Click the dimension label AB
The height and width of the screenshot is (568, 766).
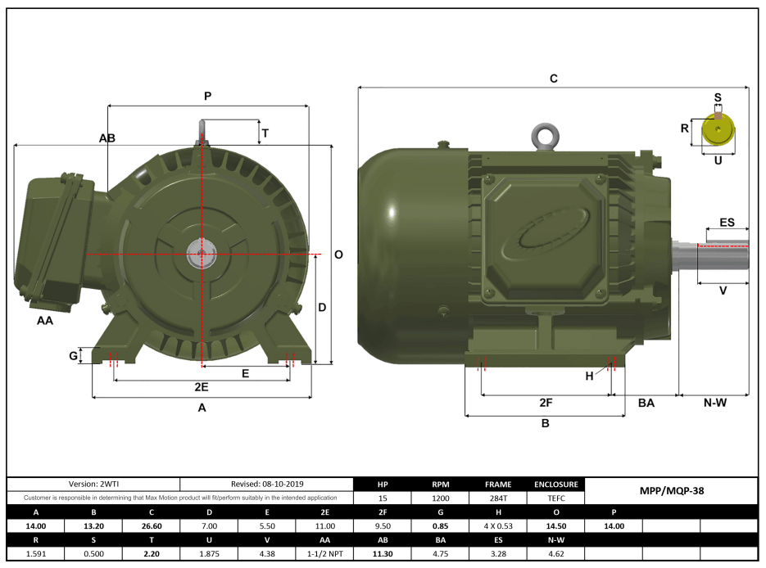pyautogui.click(x=107, y=138)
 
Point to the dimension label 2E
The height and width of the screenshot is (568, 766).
pyautogui.click(x=200, y=386)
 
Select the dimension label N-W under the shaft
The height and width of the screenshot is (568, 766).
pyautogui.click(x=714, y=403)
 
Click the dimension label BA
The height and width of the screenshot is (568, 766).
pyautogui.click(x=646, y=403)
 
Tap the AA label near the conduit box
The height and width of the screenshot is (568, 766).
pyautogui.click(x=45, y=321)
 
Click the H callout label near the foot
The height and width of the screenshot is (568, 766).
pyautogui.click(x=589, y=376)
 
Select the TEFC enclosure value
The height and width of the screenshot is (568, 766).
pyautogui.click(x=556, y=498)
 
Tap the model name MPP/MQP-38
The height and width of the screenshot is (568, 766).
pyautogui.click(x=671, y=491)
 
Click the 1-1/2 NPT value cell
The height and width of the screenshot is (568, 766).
pyautogui.click(x=324, y=554)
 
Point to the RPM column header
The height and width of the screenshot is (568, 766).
pyautogui.click(x=441, y=484)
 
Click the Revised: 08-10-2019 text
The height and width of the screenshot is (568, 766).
pyautogui.click(x=266, y=485)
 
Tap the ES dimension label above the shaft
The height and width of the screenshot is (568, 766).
pyautogui.click(x=727, y=223)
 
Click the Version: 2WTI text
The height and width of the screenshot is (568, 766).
pyautogui.click(x=93, y=485)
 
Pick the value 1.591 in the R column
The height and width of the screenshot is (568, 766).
pyautogui.click(x=36, y=554)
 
